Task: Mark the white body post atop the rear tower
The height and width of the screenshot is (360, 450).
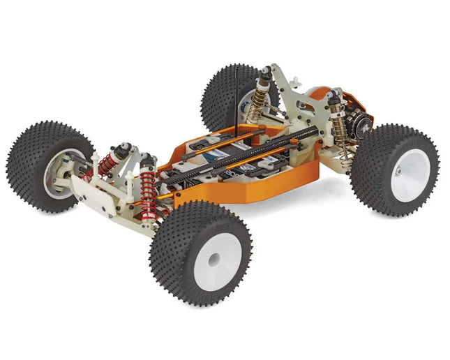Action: (x=274, y=70)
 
